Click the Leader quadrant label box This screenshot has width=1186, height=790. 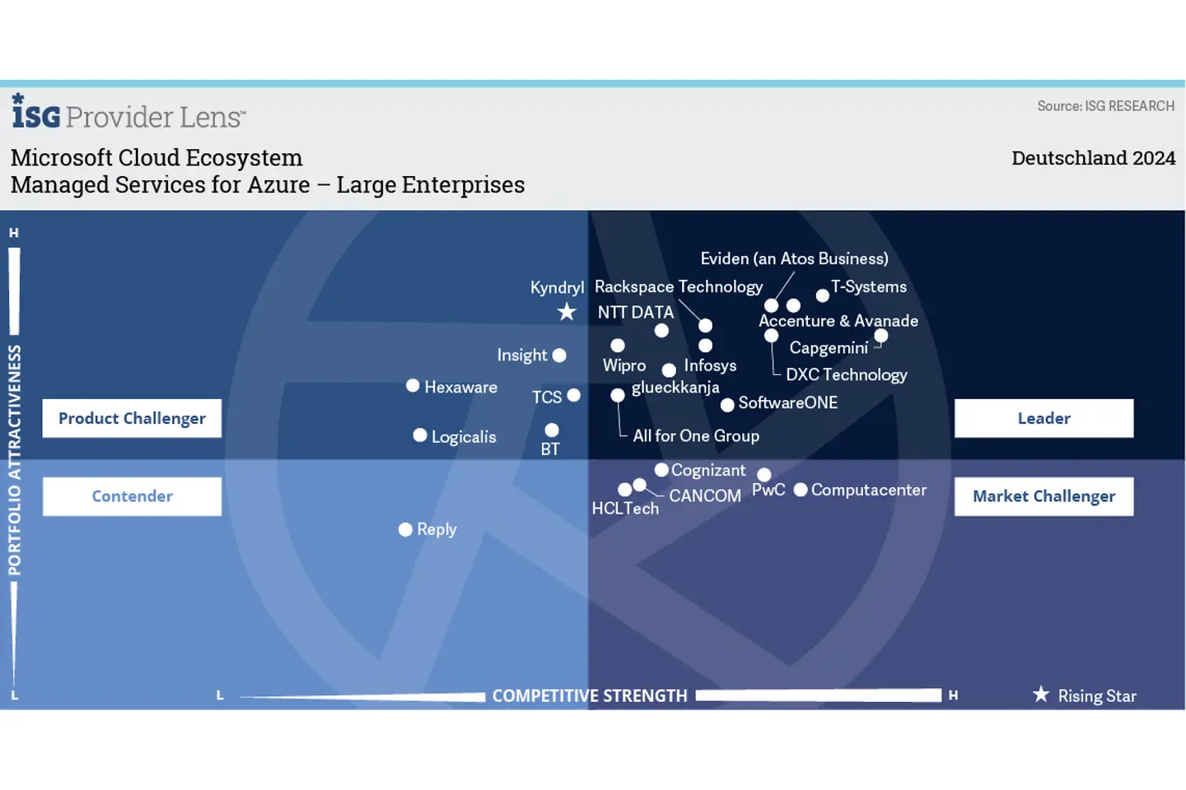(x=1044, y=418)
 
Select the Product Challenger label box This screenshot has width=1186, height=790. (x=132, y=418)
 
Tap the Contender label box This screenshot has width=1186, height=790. (x=132, y=496)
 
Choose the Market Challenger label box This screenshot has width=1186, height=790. (x=1044, y=496)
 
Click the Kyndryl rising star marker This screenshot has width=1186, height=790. (x=567, y=312)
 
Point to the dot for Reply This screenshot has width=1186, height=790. (x=405, y=529)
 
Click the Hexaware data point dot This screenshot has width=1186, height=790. (x=413, y=386)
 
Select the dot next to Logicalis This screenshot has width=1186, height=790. (x=420, y=435)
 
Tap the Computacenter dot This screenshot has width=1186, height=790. (x=800, y=490)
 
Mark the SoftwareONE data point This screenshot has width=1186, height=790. (x=727, y=405)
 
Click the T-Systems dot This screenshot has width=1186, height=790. (x=822, y=295)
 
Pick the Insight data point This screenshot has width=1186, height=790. (x=559, y=355)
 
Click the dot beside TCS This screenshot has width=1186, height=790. (x=574, y=396)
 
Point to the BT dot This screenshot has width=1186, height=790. (x=552, y=430)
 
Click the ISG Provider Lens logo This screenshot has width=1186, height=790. (x=128, y=114)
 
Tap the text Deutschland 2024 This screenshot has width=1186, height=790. (x=1093, y=158)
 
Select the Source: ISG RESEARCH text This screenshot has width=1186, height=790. (x=1105, y=106)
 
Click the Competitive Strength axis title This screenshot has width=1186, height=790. (x=590, y=696)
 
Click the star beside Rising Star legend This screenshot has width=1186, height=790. (x=1041, y=695)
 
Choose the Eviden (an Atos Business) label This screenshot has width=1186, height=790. (x=794, y=258)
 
